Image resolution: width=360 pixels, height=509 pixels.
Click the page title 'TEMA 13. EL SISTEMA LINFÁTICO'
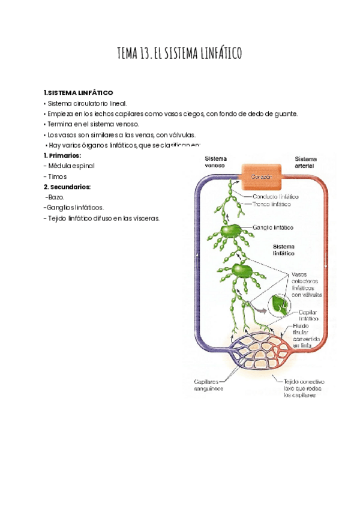pos(180,55)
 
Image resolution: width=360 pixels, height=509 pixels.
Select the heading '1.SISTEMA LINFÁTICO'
pos(78,93)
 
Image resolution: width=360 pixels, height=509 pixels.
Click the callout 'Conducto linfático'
pos(276,196)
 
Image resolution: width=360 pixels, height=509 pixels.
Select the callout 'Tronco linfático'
pos(271,204)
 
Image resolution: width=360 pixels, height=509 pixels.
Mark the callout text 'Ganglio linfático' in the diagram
pos(273,228)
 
